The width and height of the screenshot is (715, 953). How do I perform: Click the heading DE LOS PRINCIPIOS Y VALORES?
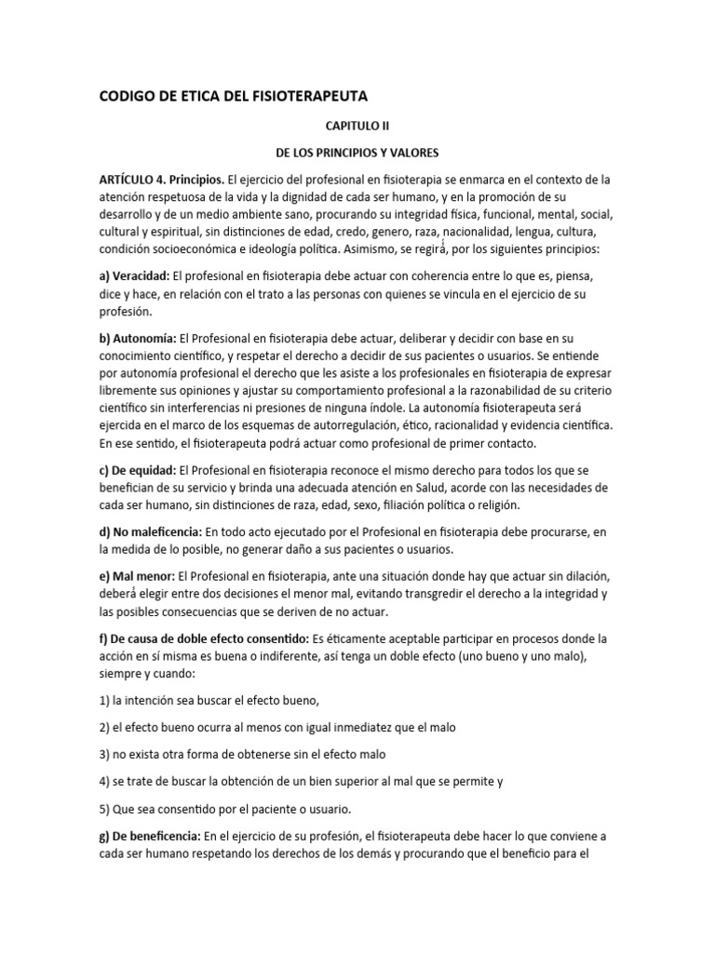click(x=357, y=151)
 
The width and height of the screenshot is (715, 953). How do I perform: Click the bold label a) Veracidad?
click(x=134, y=276)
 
